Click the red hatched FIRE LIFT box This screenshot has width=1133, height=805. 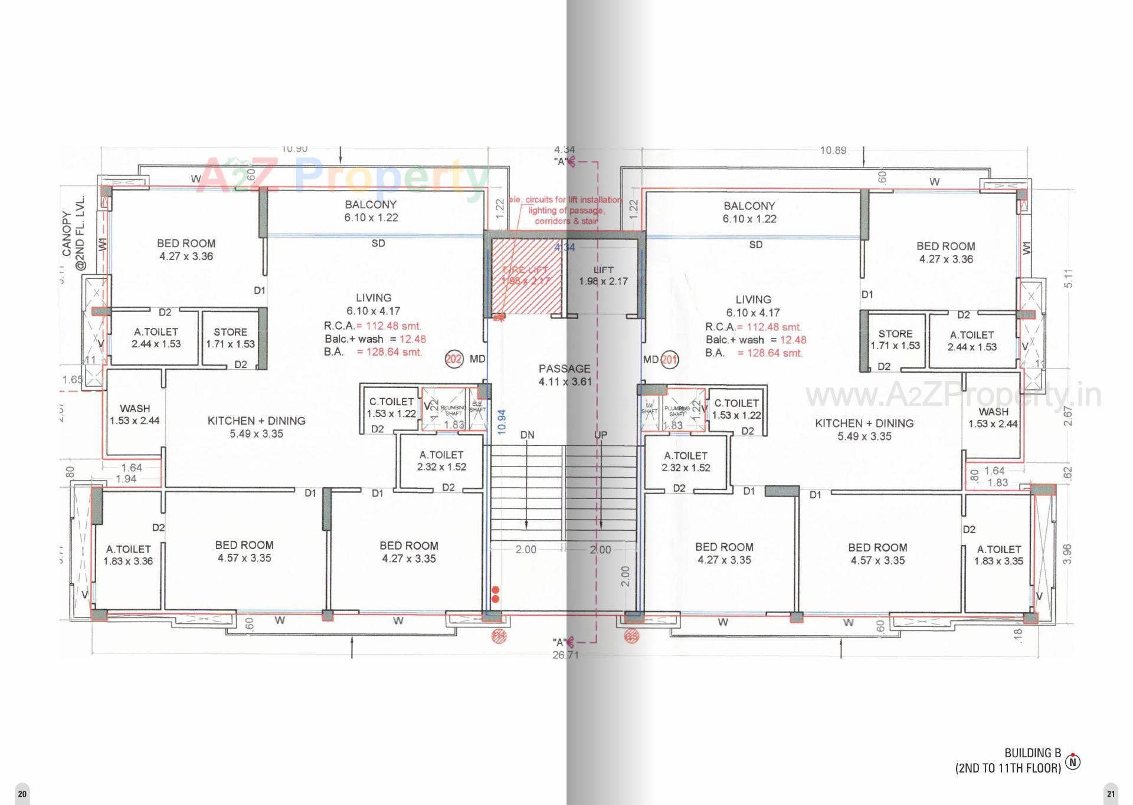tap(525, 275)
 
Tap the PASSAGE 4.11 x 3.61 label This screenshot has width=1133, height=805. tap(565, 375)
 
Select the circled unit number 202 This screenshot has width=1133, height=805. tap(454, 359)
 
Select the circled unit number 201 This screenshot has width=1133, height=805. tap(670, 359)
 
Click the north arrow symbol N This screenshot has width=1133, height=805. tap(1073, 762)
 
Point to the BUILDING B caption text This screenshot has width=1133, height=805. tap(1033, 753)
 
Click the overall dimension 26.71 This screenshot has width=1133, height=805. tap(565, 655)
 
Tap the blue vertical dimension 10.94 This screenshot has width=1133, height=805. tap(502, 422)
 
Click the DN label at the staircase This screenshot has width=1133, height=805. tap(527, 435)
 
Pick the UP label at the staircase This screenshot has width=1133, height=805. tap(601, 435)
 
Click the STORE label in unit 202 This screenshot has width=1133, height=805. tap(230, 338)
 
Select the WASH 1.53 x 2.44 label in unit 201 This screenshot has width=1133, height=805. tap(993, 418)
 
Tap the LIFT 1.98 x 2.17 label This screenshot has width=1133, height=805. tap(603, 276)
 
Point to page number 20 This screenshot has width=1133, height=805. tap(22, 794)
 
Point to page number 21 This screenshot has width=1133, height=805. tap(1111, 794)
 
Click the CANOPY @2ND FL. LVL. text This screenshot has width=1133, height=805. tap(74, 233)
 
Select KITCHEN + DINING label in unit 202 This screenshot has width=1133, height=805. tap(256, 427)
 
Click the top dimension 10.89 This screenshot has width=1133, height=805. tap(833, 150)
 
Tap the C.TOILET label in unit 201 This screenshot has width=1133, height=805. tap(736, 409)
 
